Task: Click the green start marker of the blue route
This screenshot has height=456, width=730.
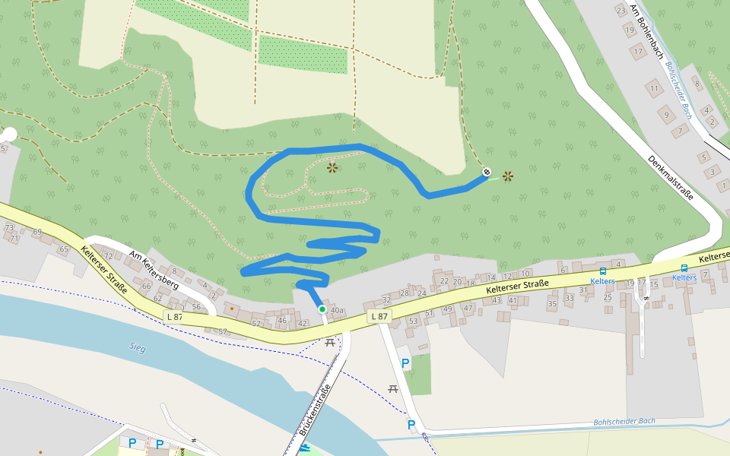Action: (322, 309)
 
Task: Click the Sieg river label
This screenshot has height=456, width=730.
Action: (137, 348)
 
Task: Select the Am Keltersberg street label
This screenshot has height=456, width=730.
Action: (154, 269)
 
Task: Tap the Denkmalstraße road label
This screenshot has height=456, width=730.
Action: (670, 178)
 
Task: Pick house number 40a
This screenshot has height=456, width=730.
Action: (338, 311)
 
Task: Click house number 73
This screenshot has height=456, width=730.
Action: (9, 228)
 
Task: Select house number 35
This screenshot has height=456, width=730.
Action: (553, 304)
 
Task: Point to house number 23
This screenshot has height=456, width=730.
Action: (621, 10)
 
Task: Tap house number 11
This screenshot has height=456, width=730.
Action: (654, 89)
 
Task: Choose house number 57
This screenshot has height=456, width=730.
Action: (223, 331)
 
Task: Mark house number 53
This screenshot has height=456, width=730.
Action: (413, 321)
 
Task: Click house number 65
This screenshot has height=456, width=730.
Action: (64, 249)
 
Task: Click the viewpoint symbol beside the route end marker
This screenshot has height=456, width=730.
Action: (508, 176)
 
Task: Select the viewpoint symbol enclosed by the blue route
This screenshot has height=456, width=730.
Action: (332, 167)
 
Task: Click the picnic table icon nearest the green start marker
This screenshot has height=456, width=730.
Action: (330, 342)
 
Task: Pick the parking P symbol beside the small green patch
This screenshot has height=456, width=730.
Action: (405, 363)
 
